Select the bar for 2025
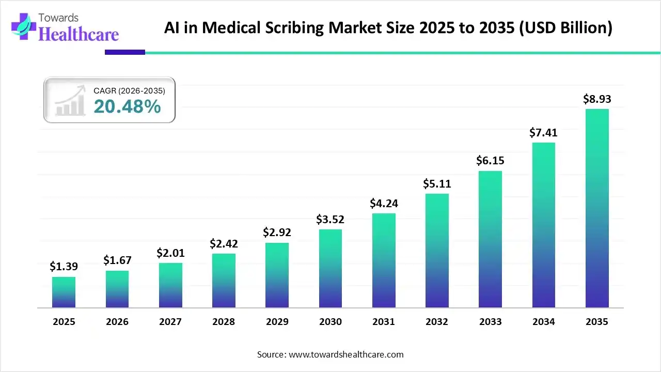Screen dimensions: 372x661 64,292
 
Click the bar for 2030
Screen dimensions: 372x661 330,269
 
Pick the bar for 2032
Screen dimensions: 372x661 437,251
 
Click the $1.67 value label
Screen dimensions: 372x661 117,260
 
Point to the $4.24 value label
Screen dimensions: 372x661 384,204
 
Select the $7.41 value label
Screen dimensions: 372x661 543,133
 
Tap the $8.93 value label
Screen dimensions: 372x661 597,99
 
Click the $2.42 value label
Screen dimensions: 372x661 224,243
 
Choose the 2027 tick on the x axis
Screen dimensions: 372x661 170,322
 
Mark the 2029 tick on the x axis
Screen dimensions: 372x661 277,322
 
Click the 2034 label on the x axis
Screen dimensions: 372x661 543,322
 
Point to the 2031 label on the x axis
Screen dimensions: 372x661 384,322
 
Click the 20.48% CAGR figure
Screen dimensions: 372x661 127,106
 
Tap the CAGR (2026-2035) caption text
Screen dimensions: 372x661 129,91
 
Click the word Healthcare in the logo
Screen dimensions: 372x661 78,34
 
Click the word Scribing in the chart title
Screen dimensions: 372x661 305,28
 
